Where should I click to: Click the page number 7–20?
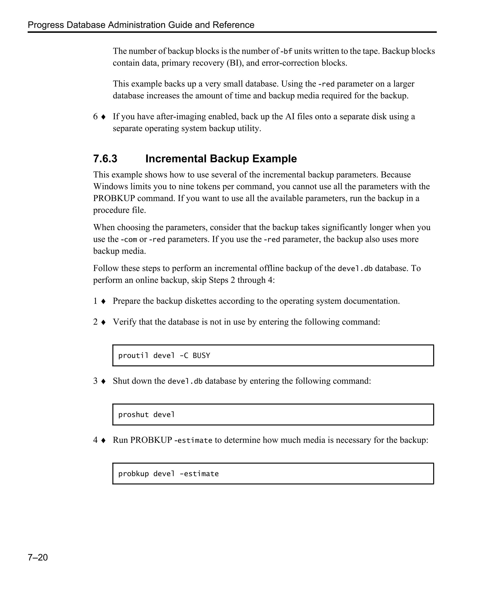(x=38, y=557)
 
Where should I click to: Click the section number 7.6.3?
(x=105, y=159)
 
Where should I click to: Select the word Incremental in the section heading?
(x=176, y=159)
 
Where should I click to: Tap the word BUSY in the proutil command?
(x=201, y=356)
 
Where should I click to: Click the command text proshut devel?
(x=146, y=415)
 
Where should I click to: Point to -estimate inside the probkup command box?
(x=199, y=474)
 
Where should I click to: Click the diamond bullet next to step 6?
(x=103, y=117)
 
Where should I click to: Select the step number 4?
(x=95, y=440)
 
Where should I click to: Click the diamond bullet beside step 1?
(x=103, y=301)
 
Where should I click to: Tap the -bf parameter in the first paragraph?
(x=286, y=51)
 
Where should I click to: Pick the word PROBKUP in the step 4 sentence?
(x=151, y=440)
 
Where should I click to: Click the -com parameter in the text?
(x=129, y=239)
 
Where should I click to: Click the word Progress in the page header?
(x=46, y=25)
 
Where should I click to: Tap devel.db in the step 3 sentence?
(x=185, y=381)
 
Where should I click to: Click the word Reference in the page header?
(x=233, y=25)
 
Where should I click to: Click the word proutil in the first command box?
(x=133, y=356)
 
